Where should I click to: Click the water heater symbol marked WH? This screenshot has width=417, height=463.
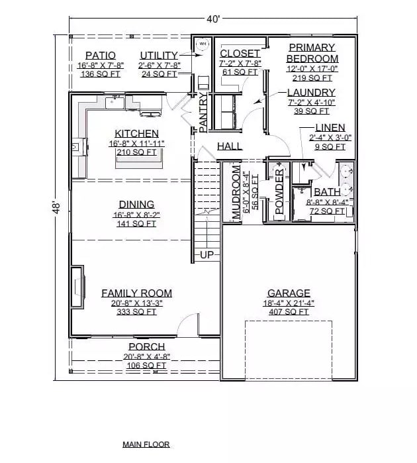pos(203,44)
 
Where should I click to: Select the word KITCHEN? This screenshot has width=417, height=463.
pos(136,133)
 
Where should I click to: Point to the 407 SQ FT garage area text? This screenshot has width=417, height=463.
pos(288,311)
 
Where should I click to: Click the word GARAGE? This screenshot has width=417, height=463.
pos(289,293)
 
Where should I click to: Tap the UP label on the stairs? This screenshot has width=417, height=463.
pos(206,254)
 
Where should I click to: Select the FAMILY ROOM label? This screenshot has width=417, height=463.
pos(136,293)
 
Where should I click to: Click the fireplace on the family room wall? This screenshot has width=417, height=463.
pos(78,286)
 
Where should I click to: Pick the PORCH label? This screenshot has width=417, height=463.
pos(146,346)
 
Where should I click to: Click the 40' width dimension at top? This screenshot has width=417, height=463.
pos(213,19)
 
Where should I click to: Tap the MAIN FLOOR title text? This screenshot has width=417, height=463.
pos(146,444)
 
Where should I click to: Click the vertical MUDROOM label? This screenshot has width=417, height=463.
pos(236,192)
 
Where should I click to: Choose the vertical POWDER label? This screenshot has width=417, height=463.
pos(279,192)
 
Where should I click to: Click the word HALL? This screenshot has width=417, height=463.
pos(230,146)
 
